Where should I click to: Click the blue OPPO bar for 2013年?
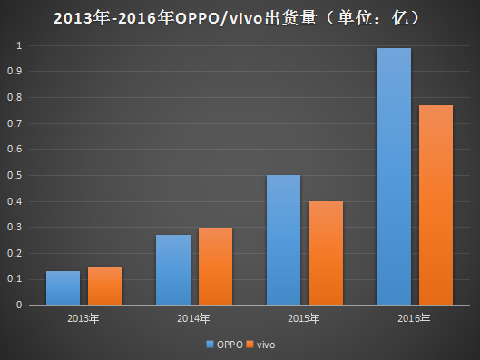(x=63, y=288)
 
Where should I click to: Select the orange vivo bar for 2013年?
(x=105, y=286)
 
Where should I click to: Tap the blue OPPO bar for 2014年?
(x=172, y=270)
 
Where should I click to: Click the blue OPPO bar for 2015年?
(x=282, y=240)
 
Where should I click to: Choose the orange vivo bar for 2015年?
(x=325, y=253)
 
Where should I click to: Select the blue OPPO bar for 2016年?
(x=392, y=177)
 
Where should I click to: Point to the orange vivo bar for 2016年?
(x=435, y=205)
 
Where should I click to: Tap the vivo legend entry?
(x=260, y=345)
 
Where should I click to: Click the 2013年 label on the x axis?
(x=83, y=319)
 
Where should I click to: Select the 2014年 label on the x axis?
(x=193, y=319)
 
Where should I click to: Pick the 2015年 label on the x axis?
(x=303, y=319)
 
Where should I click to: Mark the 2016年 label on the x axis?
(x=413, y=319)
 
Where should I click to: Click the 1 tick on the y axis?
(x=20, y=45)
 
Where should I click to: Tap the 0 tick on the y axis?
(x=20, y=305)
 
